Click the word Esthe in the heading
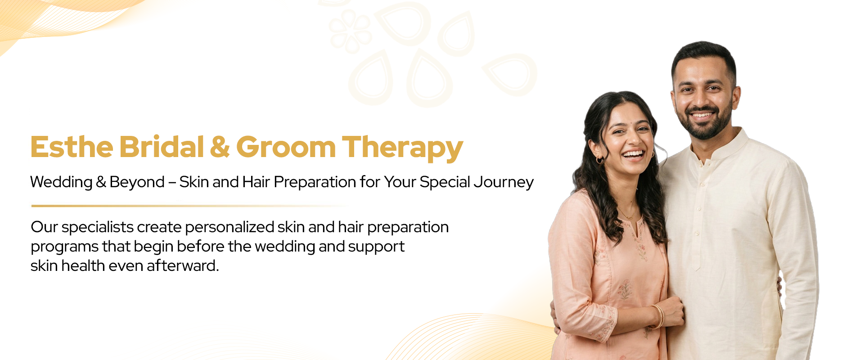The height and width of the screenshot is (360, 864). [x=72, y=147]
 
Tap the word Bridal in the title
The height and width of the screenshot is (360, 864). [x=162, y=147]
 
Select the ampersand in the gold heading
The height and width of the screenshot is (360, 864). [x=220, y=147]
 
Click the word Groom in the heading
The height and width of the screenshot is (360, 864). [x=286, y=147]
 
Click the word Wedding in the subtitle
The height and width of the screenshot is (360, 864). [x=61, y=182]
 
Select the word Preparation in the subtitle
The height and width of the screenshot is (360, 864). [x=315, y=182]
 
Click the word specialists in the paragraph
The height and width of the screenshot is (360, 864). [x=98, y=227]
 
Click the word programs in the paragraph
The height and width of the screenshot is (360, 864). [x=64, y=247]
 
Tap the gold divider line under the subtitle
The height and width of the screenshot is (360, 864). [x=189, y=206]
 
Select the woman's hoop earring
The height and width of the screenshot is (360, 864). [x=599, y=160]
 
